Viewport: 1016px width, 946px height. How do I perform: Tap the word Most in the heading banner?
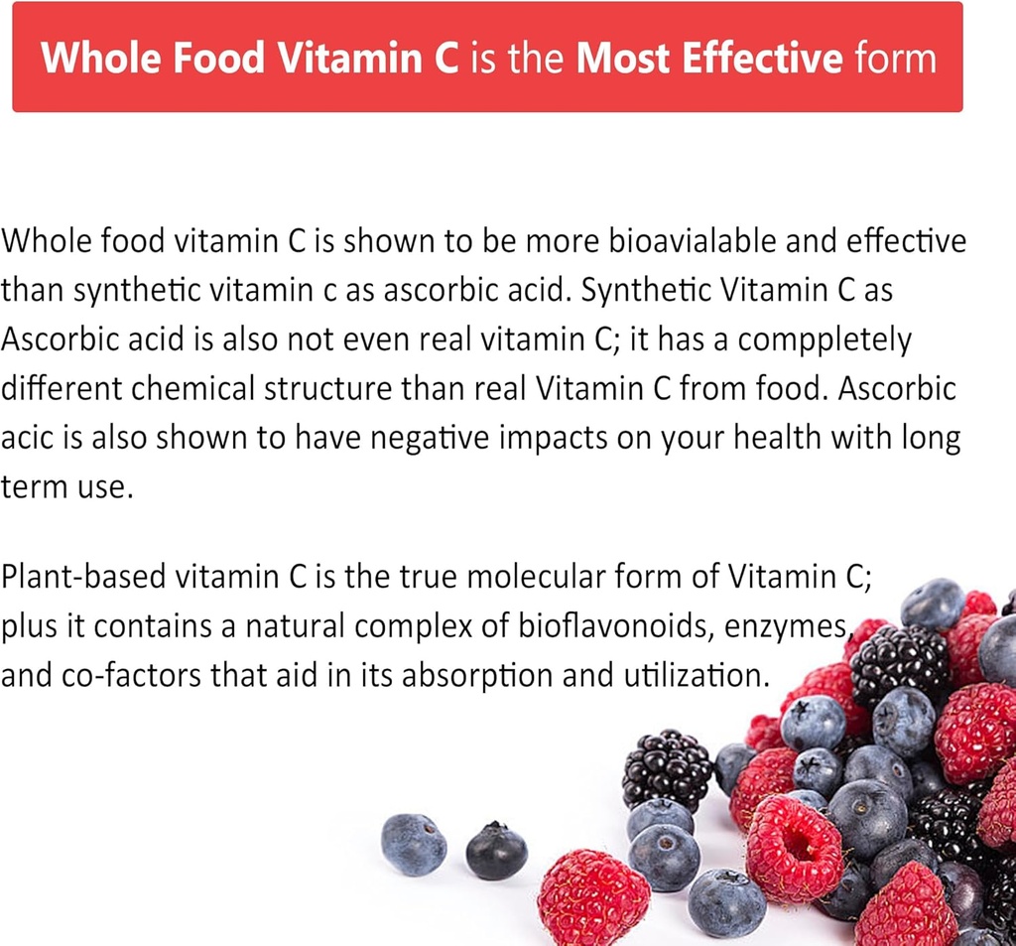620,58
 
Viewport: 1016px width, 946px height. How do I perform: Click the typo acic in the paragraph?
29,439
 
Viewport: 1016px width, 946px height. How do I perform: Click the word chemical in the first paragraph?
194,389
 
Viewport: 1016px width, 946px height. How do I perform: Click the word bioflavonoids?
615,626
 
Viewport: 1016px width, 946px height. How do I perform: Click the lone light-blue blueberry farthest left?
413,844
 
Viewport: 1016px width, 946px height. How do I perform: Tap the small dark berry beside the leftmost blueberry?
496,851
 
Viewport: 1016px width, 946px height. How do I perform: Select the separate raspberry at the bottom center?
593,894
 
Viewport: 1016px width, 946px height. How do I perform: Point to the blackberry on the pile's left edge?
667,769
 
